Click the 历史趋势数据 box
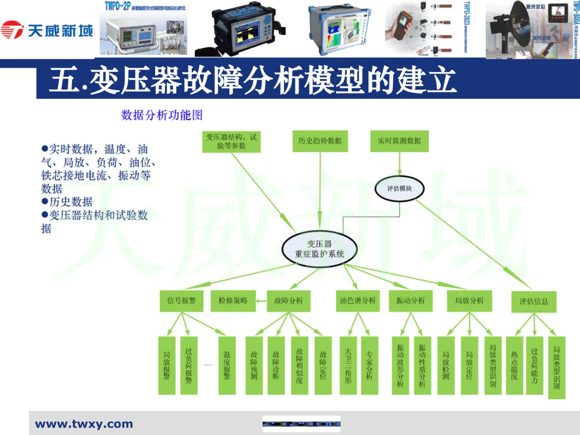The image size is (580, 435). (320, 141)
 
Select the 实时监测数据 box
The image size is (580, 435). (399, 141)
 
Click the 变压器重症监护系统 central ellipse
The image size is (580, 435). (320, 249)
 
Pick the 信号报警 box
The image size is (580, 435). (181, 301)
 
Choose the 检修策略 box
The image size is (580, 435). (233, 301)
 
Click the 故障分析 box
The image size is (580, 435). (288, 301)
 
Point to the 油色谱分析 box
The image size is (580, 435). (358, 301)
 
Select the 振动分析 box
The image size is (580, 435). (411, 301)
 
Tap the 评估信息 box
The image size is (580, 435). (534, 301)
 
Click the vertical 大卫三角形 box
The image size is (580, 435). (348, 365)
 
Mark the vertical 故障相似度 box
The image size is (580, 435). (300, 365)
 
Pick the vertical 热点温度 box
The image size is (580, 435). (514, 365)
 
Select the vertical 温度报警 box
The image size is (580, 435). (227, 365)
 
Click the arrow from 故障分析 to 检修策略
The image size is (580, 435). (261, 301)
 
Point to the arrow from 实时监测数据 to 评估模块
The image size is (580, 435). (399, 163)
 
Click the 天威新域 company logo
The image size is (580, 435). (47, 30)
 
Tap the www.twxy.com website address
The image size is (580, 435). (84, 424)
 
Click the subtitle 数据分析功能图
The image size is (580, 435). (162, 115)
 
